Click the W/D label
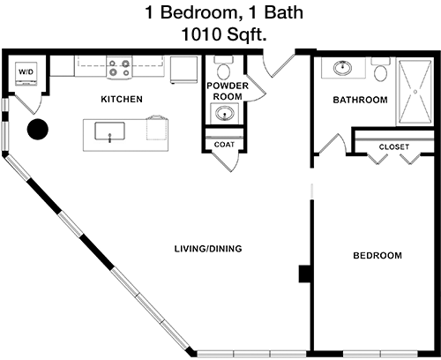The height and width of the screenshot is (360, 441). tap(26, 71)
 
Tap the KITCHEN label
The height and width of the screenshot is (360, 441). tap(122, 100)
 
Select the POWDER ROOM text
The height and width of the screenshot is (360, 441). tap(228, 91)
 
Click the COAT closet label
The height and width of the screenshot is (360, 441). tap(224, 145)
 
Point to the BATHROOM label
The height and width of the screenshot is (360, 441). tap(360, 100)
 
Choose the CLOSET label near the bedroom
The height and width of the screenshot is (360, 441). tap(394, 146)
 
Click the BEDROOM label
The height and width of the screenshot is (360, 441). tap(377, 255)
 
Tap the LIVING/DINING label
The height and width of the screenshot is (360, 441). tap(208, 249)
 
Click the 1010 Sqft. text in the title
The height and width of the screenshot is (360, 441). tap(224, 34)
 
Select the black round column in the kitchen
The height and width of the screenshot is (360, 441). tap(38, 129)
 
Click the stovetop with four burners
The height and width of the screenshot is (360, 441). tap(119, 68)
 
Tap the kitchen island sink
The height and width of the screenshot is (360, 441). tap(109, 131)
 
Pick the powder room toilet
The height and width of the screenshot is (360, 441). tap(224, 68)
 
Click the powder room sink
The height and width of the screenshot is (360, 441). tap(225, 113)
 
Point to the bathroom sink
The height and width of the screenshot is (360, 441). tap(342, 68)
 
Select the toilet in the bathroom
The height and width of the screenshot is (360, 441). tap(381, 70)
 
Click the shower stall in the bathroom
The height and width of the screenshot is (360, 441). tap(415, 92)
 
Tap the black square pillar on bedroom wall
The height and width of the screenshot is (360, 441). tap(305, 274)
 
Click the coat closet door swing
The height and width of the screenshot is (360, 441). tap(227, 161)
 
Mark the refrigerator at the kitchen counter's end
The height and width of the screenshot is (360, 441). tap(183, 70)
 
